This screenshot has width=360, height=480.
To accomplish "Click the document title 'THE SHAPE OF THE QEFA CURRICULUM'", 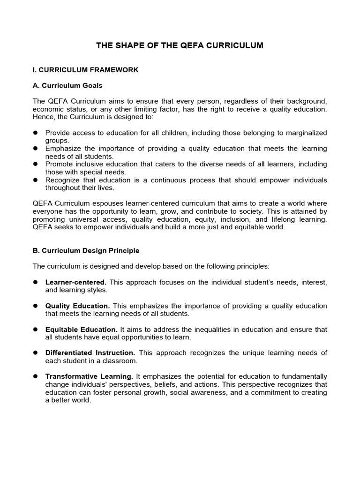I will click(x=180, y=45).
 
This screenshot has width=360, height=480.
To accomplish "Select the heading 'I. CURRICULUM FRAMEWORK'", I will click(x=85, y=70).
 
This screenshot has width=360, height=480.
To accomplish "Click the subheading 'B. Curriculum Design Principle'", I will click(x=86, y=251).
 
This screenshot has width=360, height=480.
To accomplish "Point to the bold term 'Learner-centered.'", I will click(x=76, y=283).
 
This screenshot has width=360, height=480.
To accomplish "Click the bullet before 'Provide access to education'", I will click(x=35, y=133).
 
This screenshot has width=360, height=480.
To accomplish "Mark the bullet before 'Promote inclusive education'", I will click(x=35, y=165).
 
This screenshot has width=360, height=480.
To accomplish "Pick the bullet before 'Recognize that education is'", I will click(x=35, y=180).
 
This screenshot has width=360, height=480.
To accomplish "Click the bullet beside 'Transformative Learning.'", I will click(x=35, y=376).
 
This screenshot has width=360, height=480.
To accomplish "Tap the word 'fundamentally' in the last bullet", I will click(x=305, y=376).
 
